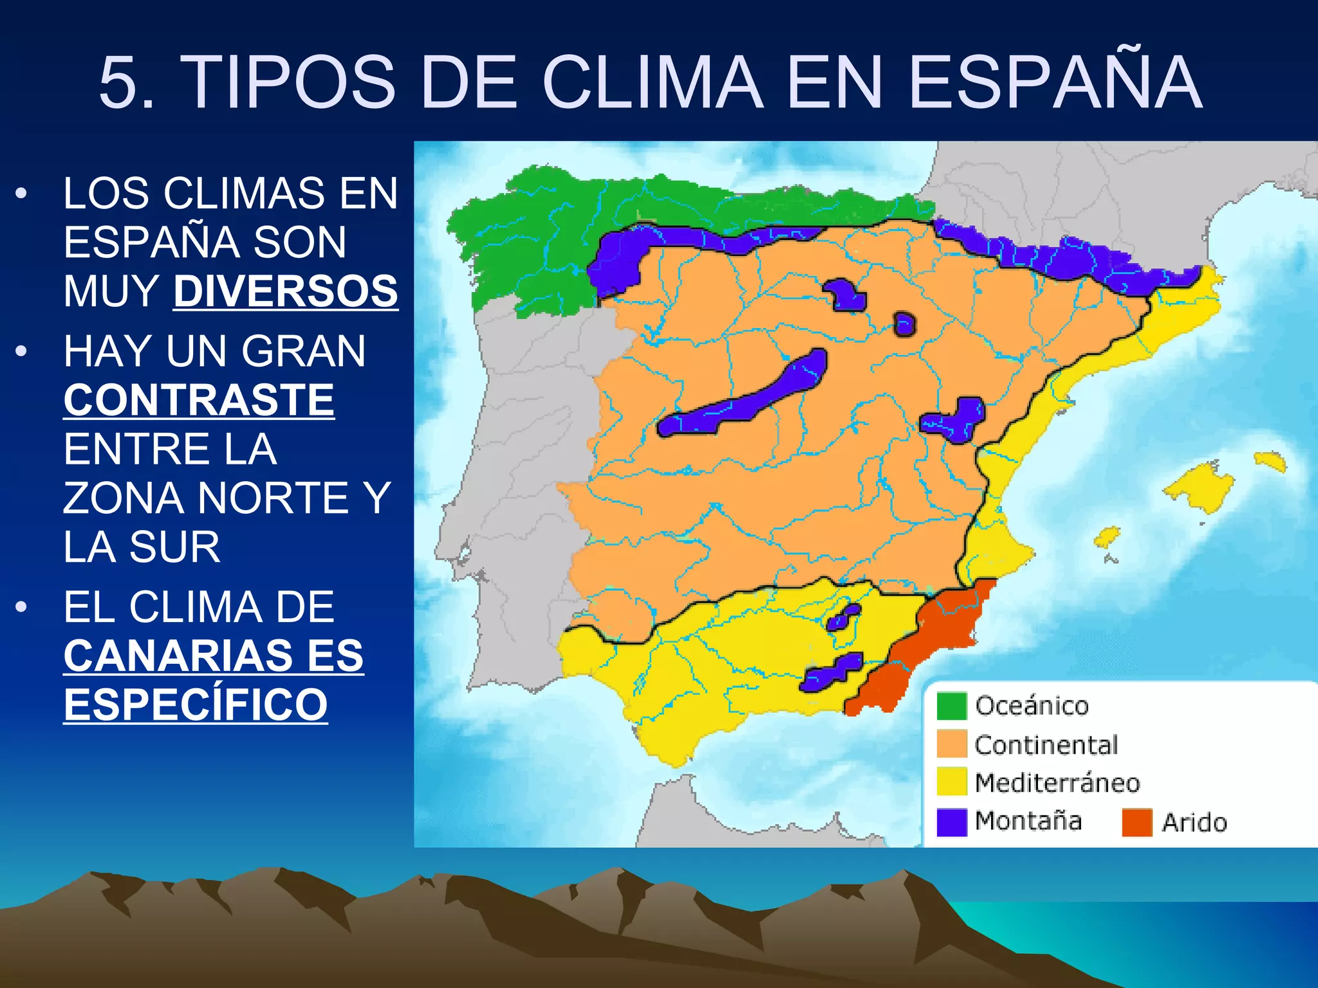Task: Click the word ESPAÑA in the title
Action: click(x=1055, y=82)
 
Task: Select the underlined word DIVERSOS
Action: click(x=286, y=291)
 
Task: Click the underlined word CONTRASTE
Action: click(x=199, y=400)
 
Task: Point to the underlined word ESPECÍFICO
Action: click(x=196, y=704)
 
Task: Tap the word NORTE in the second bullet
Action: click(x=273, y=498)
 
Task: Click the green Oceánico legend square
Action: click(x=951, y=706)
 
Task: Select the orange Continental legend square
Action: click(x=951, y=744)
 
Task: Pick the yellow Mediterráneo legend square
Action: click(x=951, y=782)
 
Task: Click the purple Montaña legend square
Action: click(x=951, y=821)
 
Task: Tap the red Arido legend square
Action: click(x=1137, y=822)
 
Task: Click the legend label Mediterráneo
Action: click(x=1057, y=783)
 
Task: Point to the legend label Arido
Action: click(x=1194, y=823)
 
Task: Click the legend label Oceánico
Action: click(x=1032, y=706)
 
